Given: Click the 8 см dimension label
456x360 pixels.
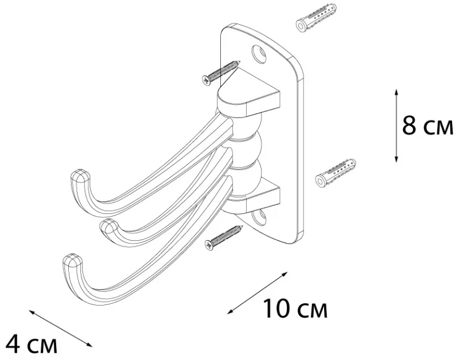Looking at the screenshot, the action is [427, 126].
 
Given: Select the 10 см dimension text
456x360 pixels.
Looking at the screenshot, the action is [295, 308].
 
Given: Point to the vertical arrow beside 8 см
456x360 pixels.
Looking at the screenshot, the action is [396, 126].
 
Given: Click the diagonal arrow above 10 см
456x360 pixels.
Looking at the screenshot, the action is [258, 293].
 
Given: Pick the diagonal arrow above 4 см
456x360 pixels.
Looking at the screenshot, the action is [60, 328].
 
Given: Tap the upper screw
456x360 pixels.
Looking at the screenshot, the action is [221, 72].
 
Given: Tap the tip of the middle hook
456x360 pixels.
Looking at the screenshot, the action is [108, 225].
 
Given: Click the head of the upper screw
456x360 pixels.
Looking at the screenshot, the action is [206, 80].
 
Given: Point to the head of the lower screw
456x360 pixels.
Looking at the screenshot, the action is [209, 245].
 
